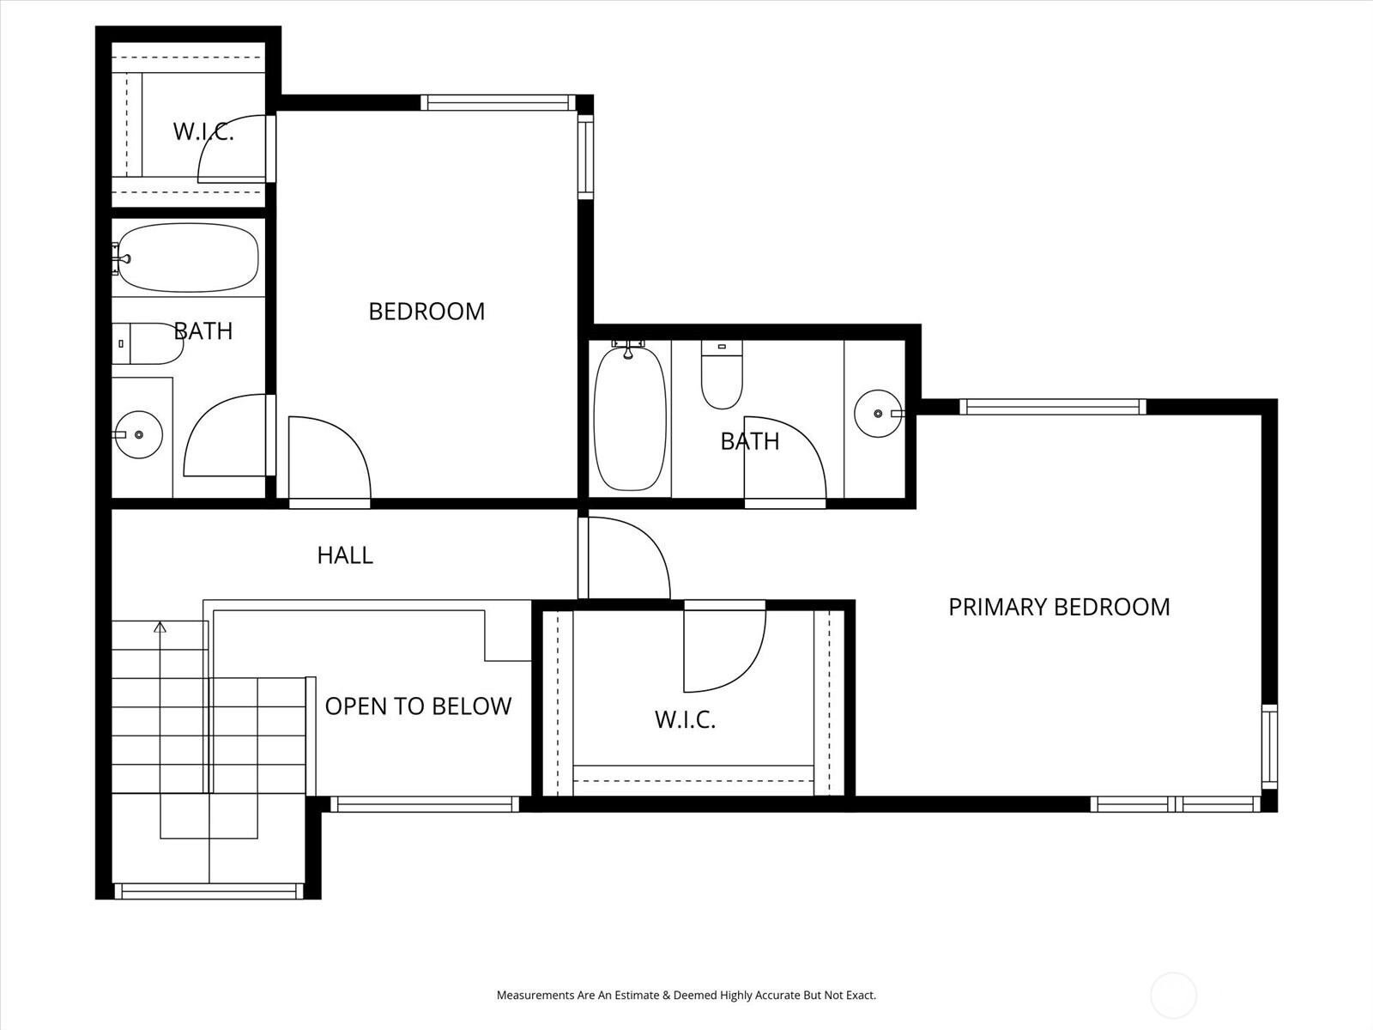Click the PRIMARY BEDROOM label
(1059, 607)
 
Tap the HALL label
(345, 555)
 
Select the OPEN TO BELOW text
(418, 706)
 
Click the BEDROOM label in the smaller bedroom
(426, 312)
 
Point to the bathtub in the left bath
(188, 257)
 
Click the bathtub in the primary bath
(630, 418)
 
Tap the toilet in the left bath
(148, 343)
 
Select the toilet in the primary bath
(722, 374)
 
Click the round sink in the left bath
(139, 434)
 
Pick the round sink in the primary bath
(878, 414)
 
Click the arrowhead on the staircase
(160, 627)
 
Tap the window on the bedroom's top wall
(497, 102)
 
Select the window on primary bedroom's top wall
(1053, 407)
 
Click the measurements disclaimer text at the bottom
(686, 995)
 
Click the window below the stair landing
(209, 891)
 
